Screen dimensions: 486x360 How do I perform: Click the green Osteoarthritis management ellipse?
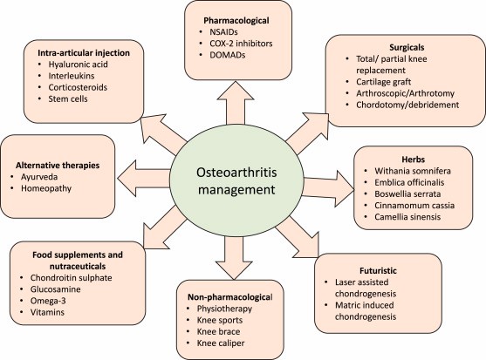pos(236,180)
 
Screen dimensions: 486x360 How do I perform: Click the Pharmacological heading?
pos(236,20)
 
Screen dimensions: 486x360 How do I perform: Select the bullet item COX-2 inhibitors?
pos(241,44)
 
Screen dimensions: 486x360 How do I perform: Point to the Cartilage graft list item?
pos(383,82)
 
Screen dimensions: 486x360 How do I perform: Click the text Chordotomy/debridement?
pos(407,105)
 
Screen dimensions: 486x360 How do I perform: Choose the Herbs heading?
pos(414,160)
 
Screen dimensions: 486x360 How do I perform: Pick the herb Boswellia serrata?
pos(407,194)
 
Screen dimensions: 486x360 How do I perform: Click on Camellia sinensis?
pos(407,217)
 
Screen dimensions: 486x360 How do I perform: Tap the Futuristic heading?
pos(378,270)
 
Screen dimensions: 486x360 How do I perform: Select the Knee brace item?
pos(218,331)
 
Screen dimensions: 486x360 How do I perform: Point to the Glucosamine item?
pos(56,289)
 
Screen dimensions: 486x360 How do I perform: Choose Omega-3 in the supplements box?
pos(48,301)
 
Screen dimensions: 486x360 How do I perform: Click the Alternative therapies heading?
pos(58,166)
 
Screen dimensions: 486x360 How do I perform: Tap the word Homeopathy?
pos(46,188)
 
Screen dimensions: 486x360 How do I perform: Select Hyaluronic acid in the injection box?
pos(79,65)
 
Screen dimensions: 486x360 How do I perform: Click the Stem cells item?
pos(68,98)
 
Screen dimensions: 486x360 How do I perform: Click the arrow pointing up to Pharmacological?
pos(236,103)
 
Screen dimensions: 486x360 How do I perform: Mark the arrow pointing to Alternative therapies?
pos(144,179)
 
